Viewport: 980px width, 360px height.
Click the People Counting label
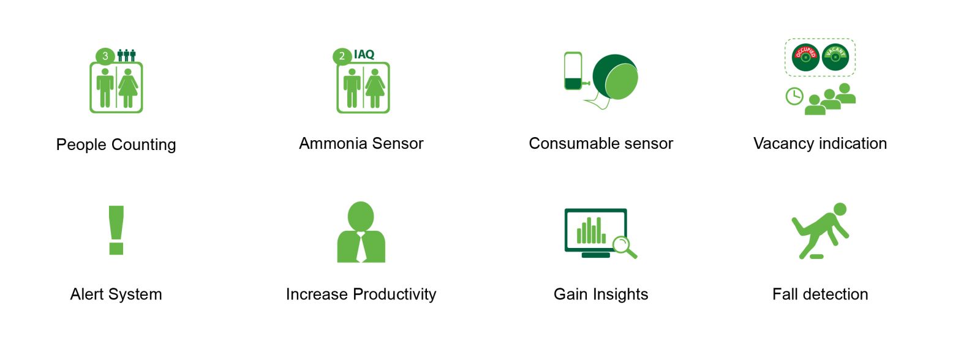point(116,144)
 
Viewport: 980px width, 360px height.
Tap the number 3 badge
point(105,56)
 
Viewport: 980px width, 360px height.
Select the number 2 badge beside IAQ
point(342,56)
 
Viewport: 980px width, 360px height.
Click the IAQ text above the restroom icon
point(364,54)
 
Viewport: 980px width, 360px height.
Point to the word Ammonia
point(331,143)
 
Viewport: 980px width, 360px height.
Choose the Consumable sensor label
point(601,143)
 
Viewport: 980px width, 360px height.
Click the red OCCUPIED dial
point(805,58)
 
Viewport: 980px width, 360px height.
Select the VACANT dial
point(835,58)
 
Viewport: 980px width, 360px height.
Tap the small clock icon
point(794,96)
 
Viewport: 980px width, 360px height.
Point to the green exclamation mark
point(116,230)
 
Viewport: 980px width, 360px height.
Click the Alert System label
point(116,294)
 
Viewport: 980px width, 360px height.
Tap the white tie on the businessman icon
point(361,247)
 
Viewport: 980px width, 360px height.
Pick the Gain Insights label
point(601,294)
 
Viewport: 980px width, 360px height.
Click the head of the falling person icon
point(840,209)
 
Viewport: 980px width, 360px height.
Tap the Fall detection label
point(820,294)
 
